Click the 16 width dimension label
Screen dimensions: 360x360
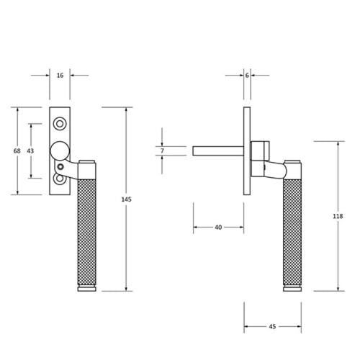(60, 76)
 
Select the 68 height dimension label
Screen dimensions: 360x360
(17, 151)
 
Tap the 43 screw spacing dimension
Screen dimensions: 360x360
(30, 151)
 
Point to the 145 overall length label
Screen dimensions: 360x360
(127, 199)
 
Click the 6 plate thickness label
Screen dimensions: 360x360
(247, 76)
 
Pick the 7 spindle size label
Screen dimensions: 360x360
(163, 151)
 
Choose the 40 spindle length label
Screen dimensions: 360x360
(218, 227)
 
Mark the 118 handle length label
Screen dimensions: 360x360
(338, 216)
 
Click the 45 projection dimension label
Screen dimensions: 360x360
(272, 326)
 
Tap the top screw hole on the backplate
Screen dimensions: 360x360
(60, 124)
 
